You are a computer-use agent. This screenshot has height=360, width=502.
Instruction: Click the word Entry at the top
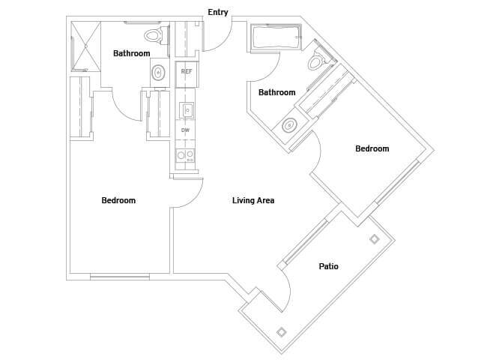(x=218, y=12)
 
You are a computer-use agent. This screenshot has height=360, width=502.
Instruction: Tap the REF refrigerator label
(x=187, y=72)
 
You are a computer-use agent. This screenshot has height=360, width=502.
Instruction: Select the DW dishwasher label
(x=185, y=130)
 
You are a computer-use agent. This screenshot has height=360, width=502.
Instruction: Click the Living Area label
(x=253, y=200)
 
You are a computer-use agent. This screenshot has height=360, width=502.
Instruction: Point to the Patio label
(x=328, y=265)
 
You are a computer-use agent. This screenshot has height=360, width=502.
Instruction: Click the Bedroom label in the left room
(x=118, y=200)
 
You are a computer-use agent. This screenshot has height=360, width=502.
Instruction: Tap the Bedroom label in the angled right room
(x=372, y=148)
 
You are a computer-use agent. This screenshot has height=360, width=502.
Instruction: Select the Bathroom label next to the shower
(x=131, y=53)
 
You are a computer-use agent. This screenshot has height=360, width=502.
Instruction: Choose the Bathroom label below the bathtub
(x=276, y=92)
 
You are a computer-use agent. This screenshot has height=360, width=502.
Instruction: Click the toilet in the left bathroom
(x=154, y=34)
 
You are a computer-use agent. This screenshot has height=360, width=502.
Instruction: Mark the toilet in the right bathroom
(x=317, y=60)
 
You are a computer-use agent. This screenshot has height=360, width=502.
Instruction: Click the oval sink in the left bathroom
(x=158, y=73)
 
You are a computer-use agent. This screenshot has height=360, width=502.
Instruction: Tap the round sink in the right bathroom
(x=288, y=125)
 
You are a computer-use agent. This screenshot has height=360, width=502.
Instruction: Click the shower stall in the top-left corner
(x=85, y=45)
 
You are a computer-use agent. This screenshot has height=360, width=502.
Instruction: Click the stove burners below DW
(x=185, y=156)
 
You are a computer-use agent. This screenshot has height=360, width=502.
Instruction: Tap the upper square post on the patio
(x=374, y=239)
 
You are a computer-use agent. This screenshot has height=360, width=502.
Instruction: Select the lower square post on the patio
(x=282, y=331)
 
